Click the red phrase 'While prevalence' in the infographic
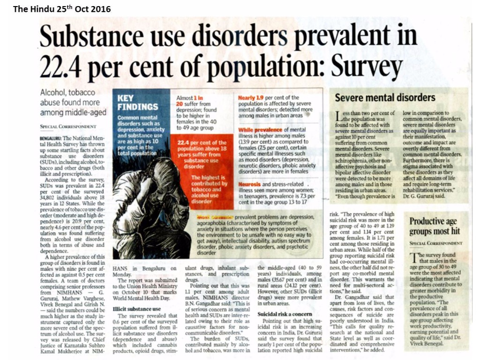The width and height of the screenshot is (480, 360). pos(260,129)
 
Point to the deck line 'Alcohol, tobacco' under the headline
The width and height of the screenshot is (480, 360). pos(67,93)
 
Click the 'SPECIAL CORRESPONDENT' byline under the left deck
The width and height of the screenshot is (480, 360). pos(68,127)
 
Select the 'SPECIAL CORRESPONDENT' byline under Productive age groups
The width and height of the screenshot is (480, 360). pos(436,243)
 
